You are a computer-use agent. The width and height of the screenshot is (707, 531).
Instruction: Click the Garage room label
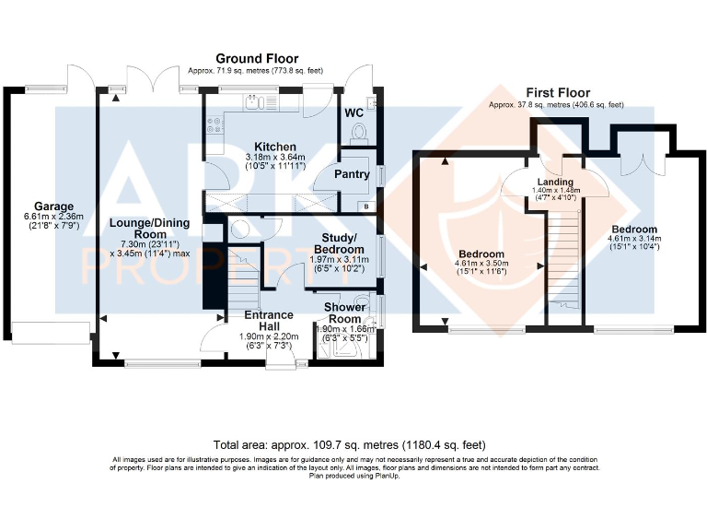pos(53,206)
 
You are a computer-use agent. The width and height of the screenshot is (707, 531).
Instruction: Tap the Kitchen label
pos(275,147)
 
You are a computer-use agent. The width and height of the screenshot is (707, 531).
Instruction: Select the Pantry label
pos(352,174)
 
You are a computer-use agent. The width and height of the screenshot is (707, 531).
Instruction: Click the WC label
pos(353,112)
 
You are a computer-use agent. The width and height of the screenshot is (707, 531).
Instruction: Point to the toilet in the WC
pos(358,134)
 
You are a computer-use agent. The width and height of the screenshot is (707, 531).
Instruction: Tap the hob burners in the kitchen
pos(215,125)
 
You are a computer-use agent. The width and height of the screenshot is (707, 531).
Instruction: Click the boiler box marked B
pos(365,206)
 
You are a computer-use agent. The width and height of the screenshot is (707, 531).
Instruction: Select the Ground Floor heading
pos(257,59)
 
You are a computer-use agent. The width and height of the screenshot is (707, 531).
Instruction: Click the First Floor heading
pos(558,93)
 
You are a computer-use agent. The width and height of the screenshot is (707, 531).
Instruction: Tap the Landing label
pos(555,182)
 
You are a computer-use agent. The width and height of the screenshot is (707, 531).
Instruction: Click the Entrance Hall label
pos(269,321)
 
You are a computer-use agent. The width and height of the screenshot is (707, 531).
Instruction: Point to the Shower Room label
pos(345,313)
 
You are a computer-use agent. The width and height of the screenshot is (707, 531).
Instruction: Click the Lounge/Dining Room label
pos(150,229)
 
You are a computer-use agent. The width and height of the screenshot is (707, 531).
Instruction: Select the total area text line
pos(350,445)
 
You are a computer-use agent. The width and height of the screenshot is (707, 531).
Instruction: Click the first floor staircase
pos(563,260)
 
